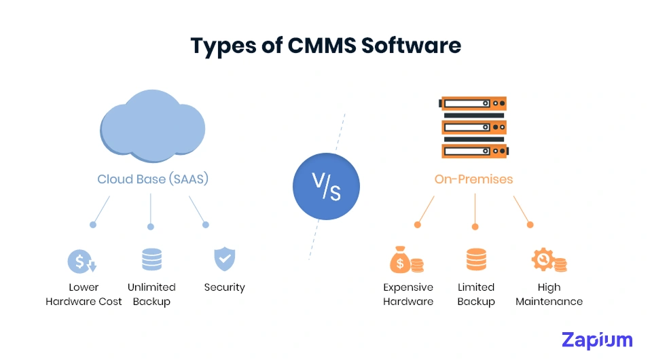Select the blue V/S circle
tap(326, 186)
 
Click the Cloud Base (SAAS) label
tap(152, 179)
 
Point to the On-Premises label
tap(473, 179)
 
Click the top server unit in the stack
tap(473, 104)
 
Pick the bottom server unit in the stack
tap(473, 150)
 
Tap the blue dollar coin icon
tap(82, 261)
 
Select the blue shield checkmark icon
tap(224, 259)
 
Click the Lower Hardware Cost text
tap(84, 294)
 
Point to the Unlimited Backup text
tap(151, 294)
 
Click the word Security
tap(224, 287)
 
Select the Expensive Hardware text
tap(407, 294)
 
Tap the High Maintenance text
tap(549, 294)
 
